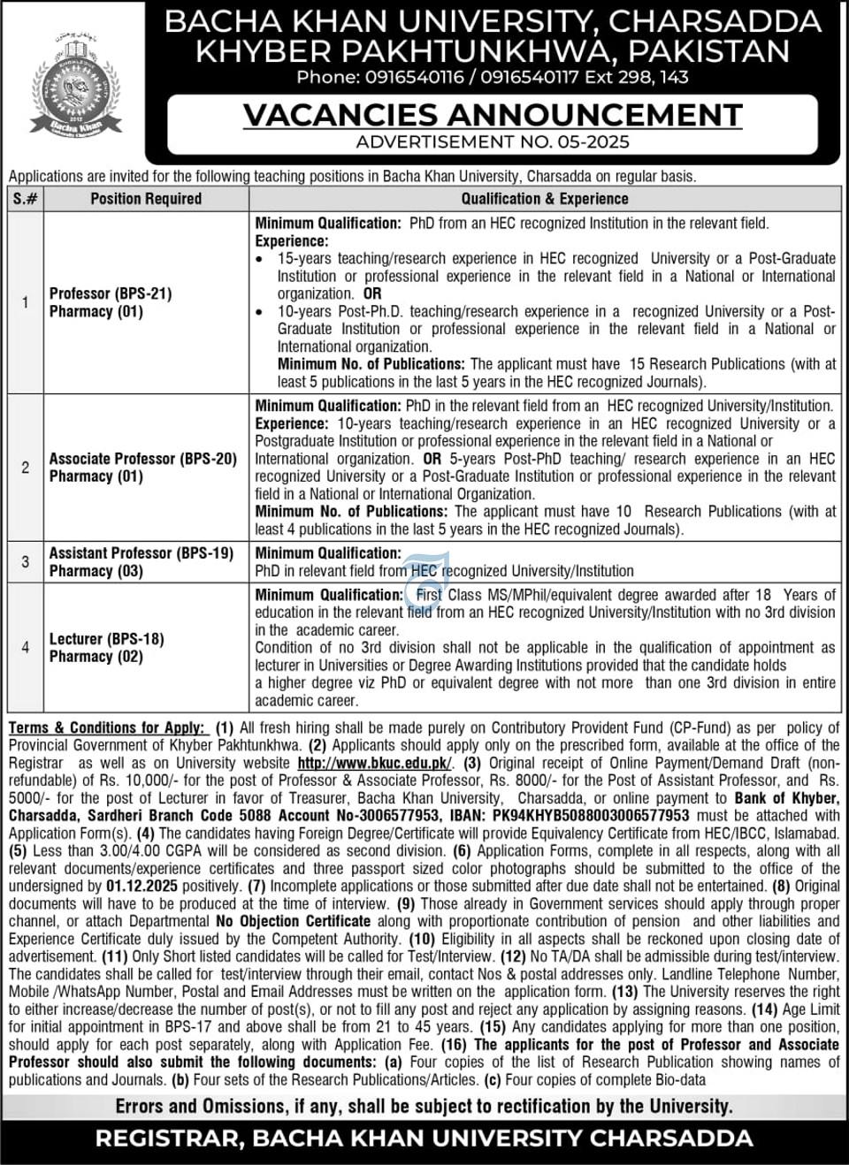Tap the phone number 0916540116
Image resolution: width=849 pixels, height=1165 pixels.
click(x=414, y=77)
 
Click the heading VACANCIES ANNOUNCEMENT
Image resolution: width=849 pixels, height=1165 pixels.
click(x=493, y=115)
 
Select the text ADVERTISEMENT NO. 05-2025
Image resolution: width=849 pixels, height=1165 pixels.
click(x=493, y=141)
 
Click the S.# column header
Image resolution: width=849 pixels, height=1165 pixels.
click(x=25, y=199)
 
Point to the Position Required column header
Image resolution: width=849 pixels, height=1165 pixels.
click(x=146, y=199)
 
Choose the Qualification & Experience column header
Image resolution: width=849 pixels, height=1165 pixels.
click(x=544, y=199)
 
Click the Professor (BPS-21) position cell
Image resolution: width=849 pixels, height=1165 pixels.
click(x=111, y=302)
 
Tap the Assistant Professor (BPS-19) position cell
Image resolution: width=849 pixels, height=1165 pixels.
click(x=141, y=561)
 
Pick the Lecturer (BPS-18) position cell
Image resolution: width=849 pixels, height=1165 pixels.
click(x=107, y=647)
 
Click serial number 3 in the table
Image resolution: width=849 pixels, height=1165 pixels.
click(x=25, y=561)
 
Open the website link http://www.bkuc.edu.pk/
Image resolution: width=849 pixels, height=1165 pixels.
click(x=374, y=763)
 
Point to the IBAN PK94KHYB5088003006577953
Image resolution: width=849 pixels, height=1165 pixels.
click(x=582, y=816)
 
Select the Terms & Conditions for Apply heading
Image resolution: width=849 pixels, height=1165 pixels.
click(x=107, y=727)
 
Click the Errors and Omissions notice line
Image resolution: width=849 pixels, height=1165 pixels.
click(x=424, y=1106)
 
